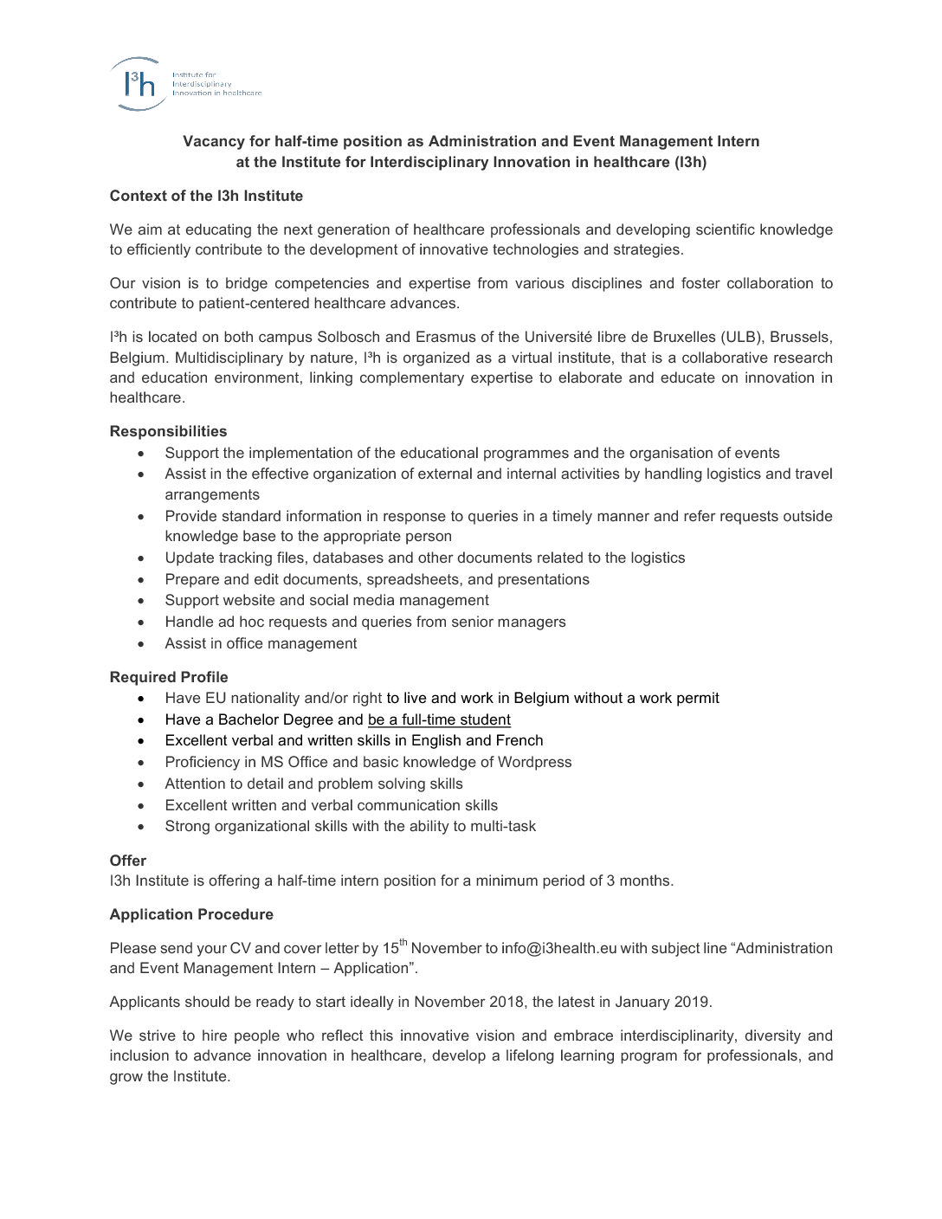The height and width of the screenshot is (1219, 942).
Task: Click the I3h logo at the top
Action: click(139, 84)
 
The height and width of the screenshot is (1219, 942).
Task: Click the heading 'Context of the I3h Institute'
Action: click(206, 196)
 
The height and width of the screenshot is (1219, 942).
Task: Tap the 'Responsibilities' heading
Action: click(168, 431)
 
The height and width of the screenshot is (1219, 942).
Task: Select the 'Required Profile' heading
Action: click(169, 677)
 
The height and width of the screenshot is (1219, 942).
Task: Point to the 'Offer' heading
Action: click(127, 861)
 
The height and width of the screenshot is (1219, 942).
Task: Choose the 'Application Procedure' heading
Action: click(191, 914)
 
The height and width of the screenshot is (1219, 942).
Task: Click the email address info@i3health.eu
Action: click(558, 948)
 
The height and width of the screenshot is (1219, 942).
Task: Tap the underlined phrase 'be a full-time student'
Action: click(439, 719)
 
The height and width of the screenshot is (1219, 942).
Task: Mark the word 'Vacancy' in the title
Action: click(209, 141)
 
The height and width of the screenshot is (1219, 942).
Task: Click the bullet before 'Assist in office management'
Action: click(142, 644)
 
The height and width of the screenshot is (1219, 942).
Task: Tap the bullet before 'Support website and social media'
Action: click(142, 601)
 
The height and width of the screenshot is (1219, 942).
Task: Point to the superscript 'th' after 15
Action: click(403, 942)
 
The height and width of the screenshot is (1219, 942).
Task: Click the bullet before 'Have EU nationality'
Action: click(142, 699)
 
